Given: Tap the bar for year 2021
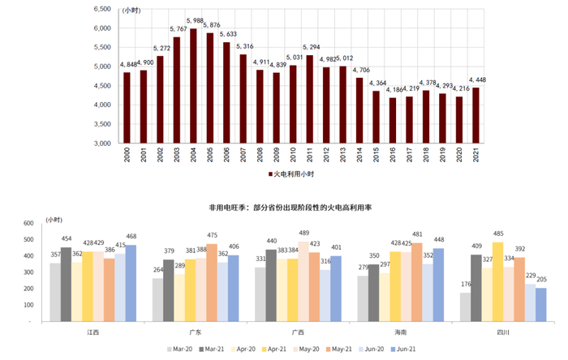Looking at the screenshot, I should click(475, 115).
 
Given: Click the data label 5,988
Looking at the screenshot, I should click(195, 21).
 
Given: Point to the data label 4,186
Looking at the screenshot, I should click(394, 89).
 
